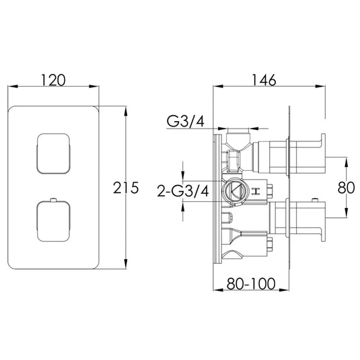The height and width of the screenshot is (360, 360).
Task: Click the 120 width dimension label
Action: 54,80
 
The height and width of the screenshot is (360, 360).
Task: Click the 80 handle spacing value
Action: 346,188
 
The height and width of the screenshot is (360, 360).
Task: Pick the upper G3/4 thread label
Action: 185,121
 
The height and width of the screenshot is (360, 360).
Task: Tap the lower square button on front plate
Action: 52,223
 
